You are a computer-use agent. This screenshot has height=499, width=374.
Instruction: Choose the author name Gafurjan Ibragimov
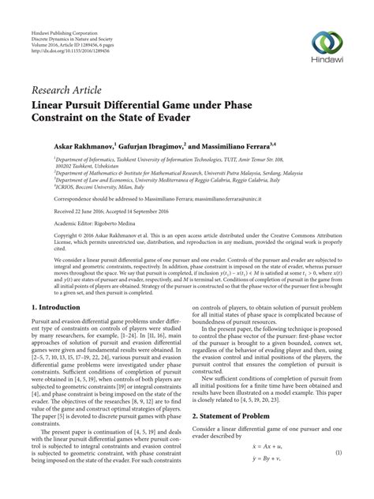tap(152, 147)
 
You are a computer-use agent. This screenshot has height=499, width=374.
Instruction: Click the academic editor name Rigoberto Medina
tap(105, 223)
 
